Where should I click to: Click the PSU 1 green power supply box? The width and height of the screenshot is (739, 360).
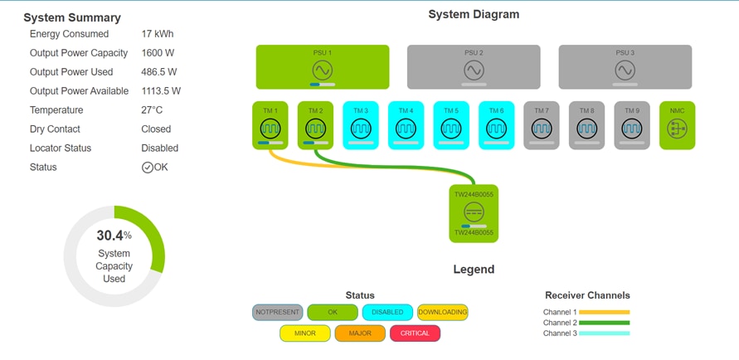(322, 67)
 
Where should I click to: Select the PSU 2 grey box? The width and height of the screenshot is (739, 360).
(473, 67)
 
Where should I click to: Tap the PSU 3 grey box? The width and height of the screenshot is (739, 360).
(625, 67)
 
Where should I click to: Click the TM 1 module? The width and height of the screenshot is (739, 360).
(270, 125)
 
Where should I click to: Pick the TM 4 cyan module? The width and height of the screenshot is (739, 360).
(406, 125)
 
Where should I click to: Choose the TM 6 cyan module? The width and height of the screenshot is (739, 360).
(496, 125)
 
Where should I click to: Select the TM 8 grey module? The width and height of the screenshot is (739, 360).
(586, 125)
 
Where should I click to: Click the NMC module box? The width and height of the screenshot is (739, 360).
(677, 125)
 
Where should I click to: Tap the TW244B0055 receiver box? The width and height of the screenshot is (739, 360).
(474, 213)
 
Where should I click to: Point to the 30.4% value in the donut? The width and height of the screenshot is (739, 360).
(114, 236)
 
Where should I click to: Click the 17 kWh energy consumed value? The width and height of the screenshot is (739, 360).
(157, 34)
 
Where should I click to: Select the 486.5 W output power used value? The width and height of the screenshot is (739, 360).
(158, 72)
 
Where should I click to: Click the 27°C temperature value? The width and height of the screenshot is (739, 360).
(152, 110)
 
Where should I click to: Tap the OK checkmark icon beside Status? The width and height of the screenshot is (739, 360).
(147, 168)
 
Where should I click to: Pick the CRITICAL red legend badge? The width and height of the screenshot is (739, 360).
(415, 333)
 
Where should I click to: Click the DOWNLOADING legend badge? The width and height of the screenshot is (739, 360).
(442, 313)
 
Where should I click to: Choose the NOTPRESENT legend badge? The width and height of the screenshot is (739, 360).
(277, 313)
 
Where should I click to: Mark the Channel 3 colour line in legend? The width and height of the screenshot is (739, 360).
(605, 333)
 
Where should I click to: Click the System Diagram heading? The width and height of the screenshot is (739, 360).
(474, 14)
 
